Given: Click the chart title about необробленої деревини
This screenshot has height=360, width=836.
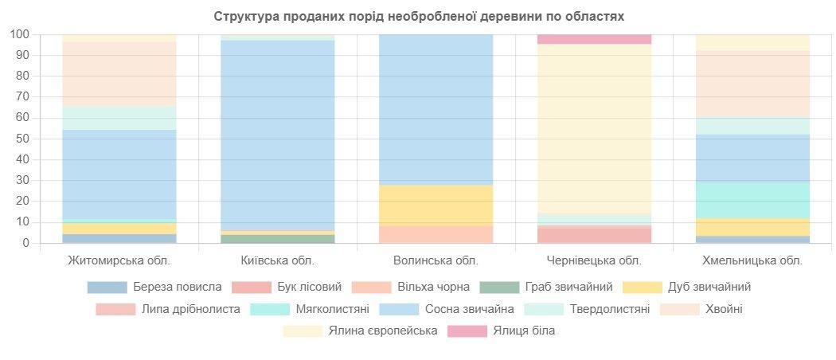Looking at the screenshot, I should tap(419, 16).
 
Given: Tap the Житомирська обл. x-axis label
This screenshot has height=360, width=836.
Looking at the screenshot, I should tap(119, 260).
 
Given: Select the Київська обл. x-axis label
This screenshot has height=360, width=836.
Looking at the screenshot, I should tap(277, 260).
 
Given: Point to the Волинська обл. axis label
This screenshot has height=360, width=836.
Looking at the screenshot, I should tap(436, 260).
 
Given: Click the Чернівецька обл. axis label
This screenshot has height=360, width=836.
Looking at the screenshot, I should tap(594, 260).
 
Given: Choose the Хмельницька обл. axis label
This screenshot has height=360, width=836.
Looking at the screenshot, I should tap(752, 260).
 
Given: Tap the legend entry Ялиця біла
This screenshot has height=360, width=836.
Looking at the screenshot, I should tap(502, 331).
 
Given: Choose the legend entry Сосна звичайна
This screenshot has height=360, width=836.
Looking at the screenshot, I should tap(446, 309).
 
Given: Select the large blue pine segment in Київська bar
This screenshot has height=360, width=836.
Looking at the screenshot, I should tap(277, 135).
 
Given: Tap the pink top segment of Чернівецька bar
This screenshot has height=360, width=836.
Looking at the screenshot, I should tap(594, 39).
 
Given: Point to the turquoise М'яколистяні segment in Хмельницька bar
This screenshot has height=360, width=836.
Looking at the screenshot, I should tap(752, 200).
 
